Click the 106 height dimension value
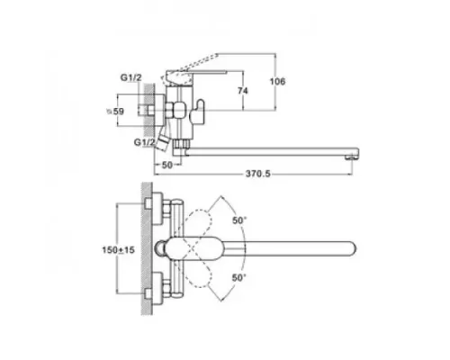tap(277, 81)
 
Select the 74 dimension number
tap(243, 91)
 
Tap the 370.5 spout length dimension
tap(258, 174)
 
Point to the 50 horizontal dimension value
tap(167, 165)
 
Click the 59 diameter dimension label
tap(116, 112)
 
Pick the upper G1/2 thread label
tap(130, 77)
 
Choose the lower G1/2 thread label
tap(145, 142)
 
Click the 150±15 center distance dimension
tap(119, 250)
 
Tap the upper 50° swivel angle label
tap(239, 220)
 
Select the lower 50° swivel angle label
tap(239, 278)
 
